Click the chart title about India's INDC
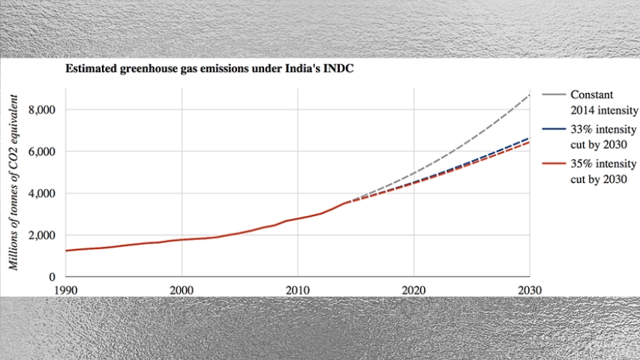point(209,69)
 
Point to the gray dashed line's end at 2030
point(529,96)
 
